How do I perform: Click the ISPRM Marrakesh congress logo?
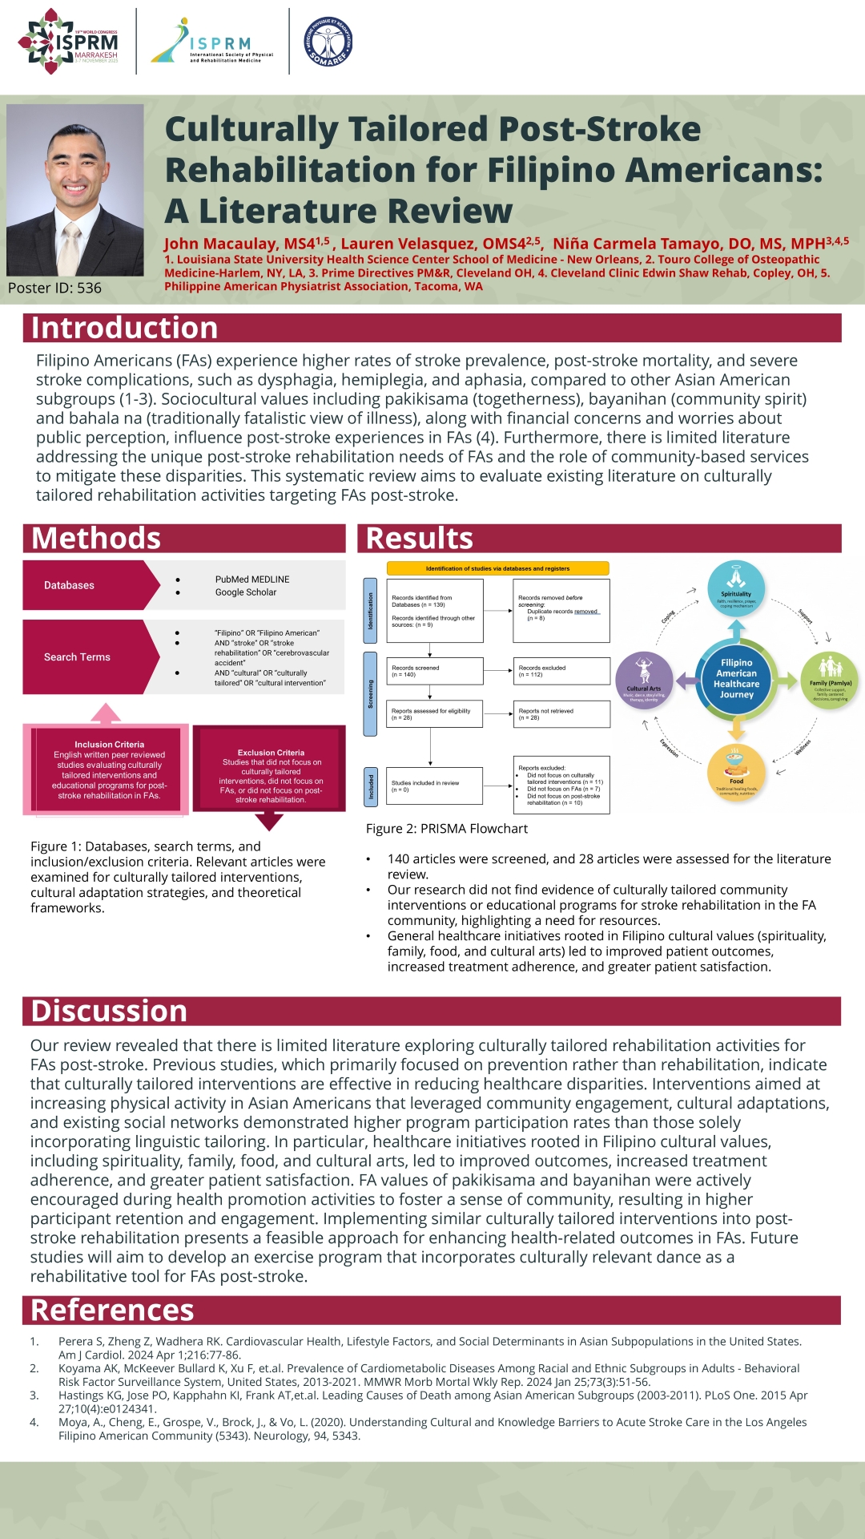(69, 42)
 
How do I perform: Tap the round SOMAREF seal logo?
(328, 42)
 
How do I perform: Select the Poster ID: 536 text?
(54, 288)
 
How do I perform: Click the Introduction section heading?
(124, 328)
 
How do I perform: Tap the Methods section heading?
(96, 538)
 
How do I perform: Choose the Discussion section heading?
(109, 1011)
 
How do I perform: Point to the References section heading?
(112, 1310)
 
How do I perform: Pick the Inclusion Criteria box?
(109, 769)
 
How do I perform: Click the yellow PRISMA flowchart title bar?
(497, 568)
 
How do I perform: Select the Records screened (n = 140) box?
(436, 671)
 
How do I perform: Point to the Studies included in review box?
(436, 786)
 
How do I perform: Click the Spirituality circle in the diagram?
(736, 588)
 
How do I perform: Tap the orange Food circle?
(736, 772)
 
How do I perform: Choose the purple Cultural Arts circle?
(644, 681)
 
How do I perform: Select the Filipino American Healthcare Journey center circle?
(736, 680)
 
